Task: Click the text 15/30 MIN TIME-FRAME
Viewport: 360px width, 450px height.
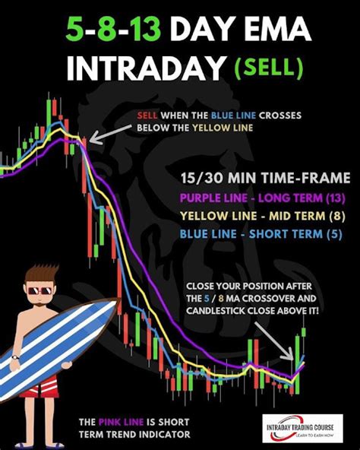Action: point(265,178)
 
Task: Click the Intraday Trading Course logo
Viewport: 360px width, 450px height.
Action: point(304,428)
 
